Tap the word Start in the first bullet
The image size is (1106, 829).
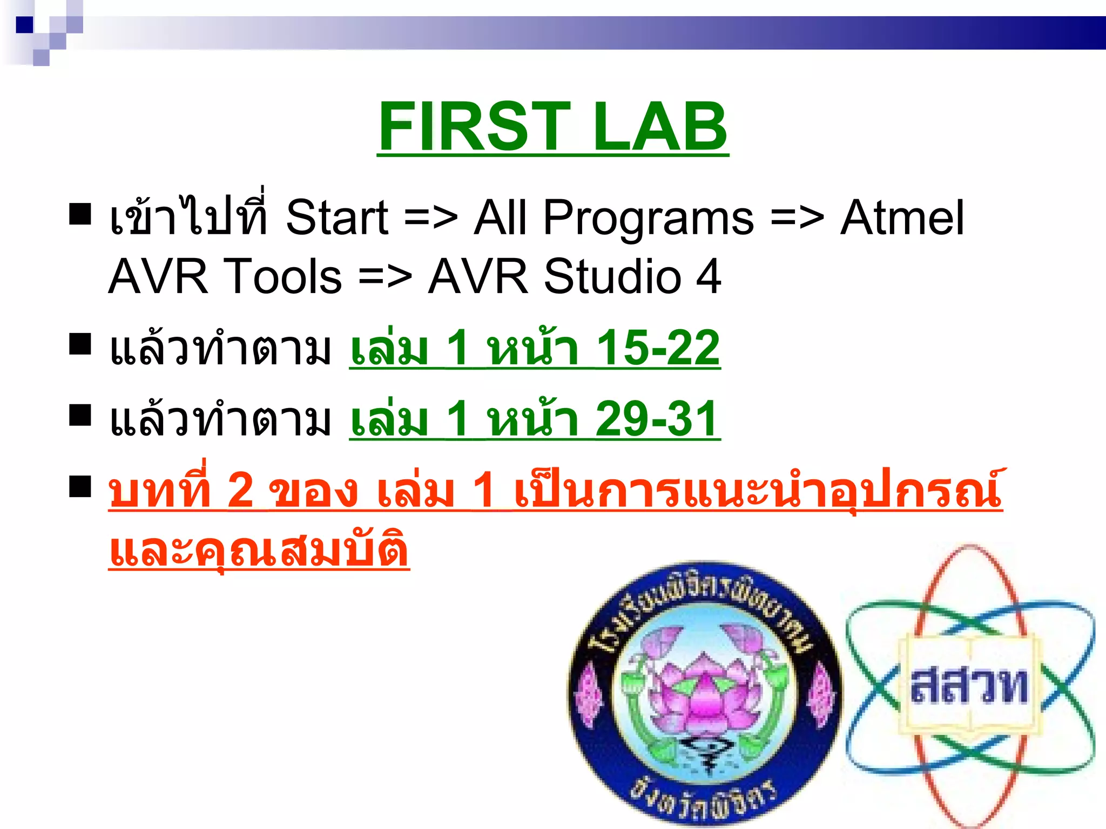336,218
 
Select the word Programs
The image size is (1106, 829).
648,219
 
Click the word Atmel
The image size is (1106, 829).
902,218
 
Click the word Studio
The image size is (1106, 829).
612,276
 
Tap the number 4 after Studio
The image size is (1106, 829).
708,276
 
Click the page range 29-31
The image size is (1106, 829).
657,419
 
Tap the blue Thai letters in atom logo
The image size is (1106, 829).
969,685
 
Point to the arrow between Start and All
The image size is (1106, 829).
430,219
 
